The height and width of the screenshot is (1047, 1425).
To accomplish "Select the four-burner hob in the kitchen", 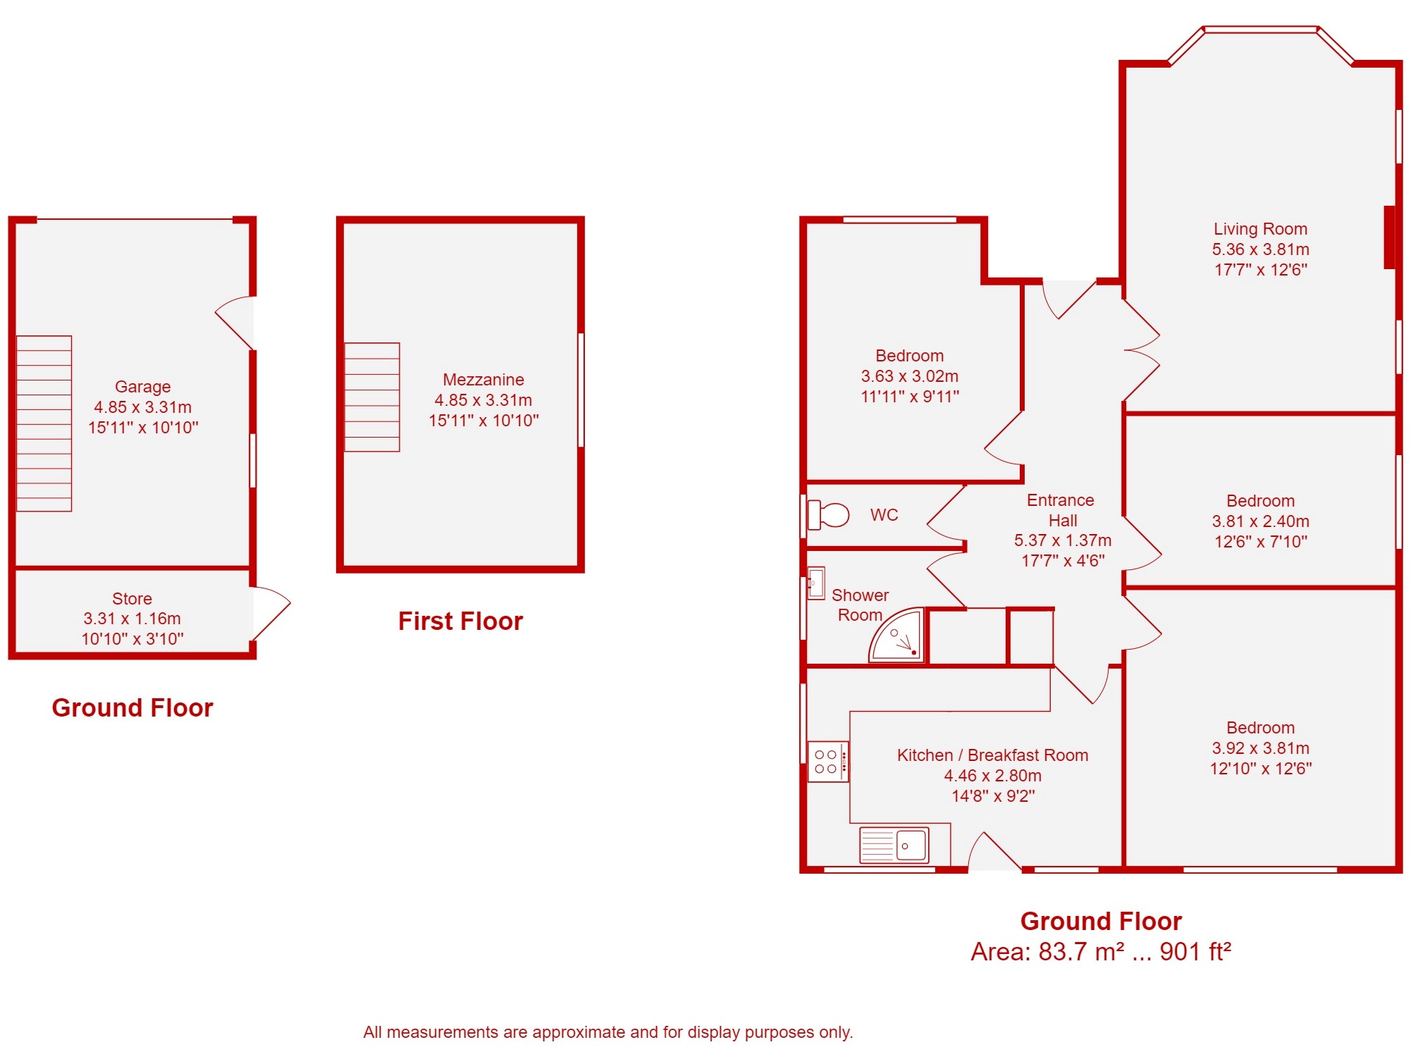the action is point(827,762).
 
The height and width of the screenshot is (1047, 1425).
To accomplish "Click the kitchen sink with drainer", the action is point(894,845).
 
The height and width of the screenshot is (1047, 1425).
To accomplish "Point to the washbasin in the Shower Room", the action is point(816,583).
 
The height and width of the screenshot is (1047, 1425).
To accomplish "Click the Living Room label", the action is point(1260,229).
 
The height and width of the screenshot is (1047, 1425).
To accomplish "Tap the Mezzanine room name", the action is point(483,380).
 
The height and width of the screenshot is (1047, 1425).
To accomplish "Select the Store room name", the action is point(132,598).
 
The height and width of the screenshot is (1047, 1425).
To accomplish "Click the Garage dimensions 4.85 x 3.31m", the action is point(143,407).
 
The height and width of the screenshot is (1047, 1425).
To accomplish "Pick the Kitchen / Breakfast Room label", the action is point(992,755).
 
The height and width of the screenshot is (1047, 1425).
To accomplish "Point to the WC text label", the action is point(884,515).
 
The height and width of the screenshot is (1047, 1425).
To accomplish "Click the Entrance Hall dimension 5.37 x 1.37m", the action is point(1063,540).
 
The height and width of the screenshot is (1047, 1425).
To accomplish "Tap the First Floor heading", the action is point(460,621).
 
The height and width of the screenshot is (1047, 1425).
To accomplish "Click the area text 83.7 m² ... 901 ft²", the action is point(1101,952).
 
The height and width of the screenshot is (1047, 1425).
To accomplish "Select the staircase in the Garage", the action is point(44,423).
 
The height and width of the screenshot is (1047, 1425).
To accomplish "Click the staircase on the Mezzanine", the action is point(372,397).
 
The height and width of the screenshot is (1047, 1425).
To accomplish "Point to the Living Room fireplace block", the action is point(1390,237).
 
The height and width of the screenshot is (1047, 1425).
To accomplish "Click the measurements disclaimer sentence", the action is point(607,1032).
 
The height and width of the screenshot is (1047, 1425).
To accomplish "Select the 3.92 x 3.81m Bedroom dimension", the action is point(1260,748).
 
